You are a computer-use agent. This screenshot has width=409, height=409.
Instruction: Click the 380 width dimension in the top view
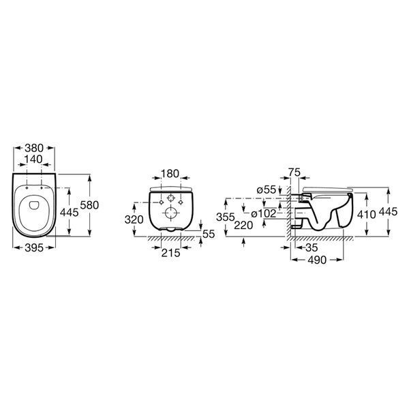[x=34, y=148]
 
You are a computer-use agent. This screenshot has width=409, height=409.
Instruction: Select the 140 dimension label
[x=33, y=159]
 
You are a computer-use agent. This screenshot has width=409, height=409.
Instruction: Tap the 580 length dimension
[x=89, y=205]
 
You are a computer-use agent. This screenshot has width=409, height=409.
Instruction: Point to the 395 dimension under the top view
[x=34, y=248]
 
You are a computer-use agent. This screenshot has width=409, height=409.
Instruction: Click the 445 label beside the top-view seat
[x=69, y=212]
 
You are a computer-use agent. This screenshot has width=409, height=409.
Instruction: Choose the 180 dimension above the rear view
[x=170, y=173]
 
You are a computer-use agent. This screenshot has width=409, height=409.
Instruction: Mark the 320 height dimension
[x=134, y=219]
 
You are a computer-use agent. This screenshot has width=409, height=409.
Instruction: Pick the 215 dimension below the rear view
[x=171, y=252]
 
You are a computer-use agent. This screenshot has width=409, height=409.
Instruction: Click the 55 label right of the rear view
[x=209, y=234]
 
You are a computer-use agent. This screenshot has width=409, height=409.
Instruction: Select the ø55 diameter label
[x=267, y=190]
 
